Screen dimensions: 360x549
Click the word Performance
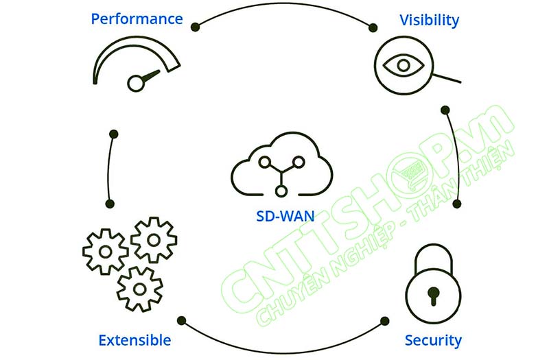(x=137, y=19)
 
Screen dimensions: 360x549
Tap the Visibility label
(x=429, y=20)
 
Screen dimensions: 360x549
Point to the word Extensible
(x=135, y=340)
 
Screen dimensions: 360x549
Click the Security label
(x=433, y=340)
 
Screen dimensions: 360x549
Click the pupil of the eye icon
(x=402, y=65)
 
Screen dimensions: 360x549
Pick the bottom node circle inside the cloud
(x=281, y=189)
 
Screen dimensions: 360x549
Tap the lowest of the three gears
(x=139, y=288)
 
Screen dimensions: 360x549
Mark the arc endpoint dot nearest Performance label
(x=195, y=26)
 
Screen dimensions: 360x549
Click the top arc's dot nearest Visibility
(x=373, y=28)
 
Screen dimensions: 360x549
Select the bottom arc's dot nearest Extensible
(x=180, y=320)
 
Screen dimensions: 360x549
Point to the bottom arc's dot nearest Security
(x=385, y=320)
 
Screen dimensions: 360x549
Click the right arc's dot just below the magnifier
(x=445, y=110)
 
